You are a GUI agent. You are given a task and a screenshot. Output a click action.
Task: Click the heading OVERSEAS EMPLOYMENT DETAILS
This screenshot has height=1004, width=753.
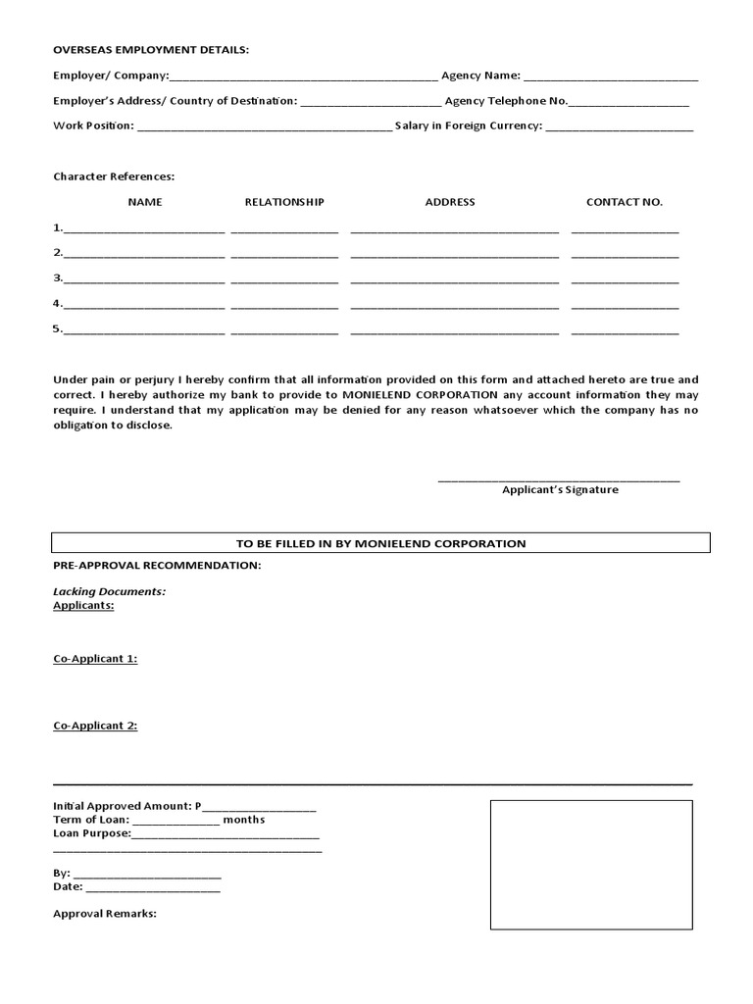coord(151,49)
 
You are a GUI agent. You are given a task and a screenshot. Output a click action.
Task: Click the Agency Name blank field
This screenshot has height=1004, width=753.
coord(611,76)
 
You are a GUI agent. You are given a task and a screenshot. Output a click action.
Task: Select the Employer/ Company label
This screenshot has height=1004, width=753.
coord(111,75)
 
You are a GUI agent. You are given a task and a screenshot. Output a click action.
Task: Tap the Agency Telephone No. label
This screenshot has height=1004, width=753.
coord(506,100)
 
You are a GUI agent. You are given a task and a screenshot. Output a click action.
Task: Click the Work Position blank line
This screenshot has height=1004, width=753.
coord(264,127)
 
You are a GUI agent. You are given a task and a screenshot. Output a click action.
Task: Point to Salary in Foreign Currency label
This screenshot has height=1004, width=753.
coord(468,125)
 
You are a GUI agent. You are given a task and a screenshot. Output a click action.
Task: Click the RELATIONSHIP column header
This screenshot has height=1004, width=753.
coord(284,202)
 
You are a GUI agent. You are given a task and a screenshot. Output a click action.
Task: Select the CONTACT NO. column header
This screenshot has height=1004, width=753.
coord(625,202)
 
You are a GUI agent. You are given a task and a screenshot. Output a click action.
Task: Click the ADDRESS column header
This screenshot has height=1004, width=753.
coord(450,202)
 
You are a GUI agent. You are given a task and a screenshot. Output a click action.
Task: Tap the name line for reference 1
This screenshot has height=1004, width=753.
coord(144,229)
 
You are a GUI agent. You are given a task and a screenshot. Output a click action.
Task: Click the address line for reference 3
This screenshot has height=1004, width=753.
coord(454,280)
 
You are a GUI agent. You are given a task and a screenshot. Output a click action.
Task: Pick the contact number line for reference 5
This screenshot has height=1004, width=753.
coord(625,331)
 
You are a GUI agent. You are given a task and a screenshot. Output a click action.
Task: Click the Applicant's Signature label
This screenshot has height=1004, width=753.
coord(560,489)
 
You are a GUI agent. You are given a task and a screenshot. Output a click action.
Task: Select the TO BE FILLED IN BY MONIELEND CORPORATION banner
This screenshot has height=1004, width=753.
coord(380,543)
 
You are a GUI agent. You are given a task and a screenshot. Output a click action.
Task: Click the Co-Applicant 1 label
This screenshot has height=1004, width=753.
coord(95,659)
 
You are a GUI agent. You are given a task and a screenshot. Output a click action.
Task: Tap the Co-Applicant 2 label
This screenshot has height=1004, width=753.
coord(95,726)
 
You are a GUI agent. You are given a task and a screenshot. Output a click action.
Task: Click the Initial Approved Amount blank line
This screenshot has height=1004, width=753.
coord(259,808)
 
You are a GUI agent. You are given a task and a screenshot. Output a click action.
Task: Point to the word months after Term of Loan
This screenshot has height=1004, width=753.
coord(244,820)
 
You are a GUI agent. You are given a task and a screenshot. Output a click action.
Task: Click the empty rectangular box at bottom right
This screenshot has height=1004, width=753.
coord(590,865)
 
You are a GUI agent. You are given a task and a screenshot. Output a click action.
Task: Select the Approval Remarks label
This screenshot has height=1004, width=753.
coord(105,913)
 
